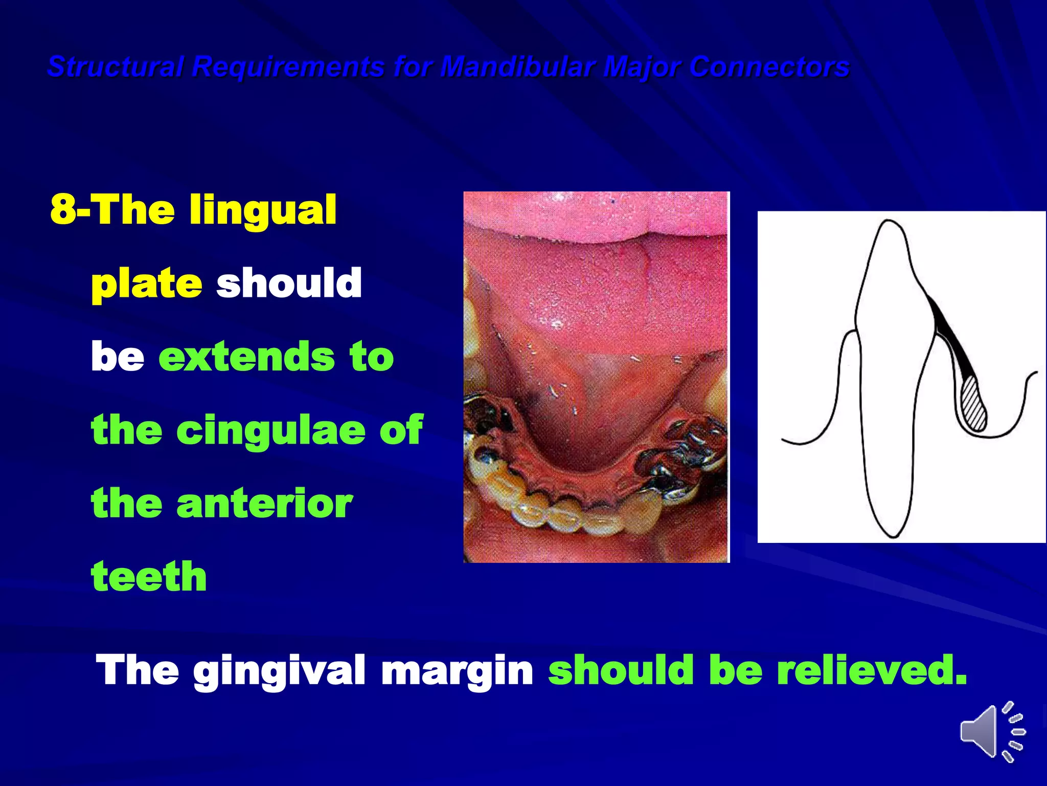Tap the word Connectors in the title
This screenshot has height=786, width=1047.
(x=769, y=67)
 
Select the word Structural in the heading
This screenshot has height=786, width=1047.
(x=115, y=67)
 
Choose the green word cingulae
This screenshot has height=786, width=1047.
(x=271, y=430)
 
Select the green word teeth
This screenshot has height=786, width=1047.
(x=149, y=577)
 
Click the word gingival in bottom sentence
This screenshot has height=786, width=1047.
(x=279, y=670)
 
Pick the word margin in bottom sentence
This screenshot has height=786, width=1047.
(x=458, y=670)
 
